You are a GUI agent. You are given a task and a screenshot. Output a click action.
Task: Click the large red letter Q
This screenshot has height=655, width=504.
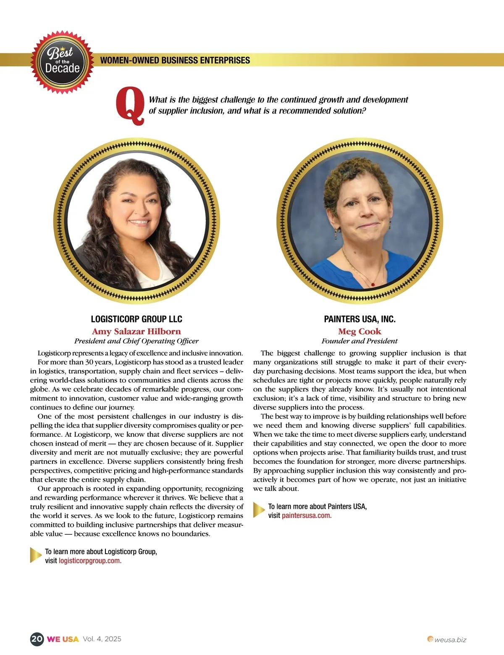click(x=130, y=106)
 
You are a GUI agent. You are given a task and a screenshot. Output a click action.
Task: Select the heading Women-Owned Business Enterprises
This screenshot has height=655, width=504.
click(x=175, y=60)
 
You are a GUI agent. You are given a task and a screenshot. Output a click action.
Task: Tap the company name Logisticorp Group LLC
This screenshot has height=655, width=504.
click(x=136, y=319)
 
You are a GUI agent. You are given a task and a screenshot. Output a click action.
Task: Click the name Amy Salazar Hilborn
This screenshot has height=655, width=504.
click(x=136, y=331)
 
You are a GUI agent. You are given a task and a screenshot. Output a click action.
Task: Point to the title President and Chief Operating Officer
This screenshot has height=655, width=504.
click(x=136, y=341)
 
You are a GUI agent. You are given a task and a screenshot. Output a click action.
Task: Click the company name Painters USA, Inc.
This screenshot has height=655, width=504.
click(x=360, y=319)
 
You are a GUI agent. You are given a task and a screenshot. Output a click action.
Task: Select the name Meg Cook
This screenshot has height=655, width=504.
click(x=360, y=331)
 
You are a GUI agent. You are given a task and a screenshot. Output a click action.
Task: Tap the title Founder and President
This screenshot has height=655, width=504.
click(x=360, y=341)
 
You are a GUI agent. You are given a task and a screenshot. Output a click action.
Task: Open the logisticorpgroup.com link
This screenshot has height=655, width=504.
click(x=90, y=561)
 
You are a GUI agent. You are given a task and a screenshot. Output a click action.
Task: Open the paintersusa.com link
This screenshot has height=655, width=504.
click(x=307, y=516)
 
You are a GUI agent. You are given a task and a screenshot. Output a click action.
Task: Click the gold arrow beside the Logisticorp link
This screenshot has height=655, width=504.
click(x=36, y=555)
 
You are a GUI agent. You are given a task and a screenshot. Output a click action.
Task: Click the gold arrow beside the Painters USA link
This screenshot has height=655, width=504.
click(x=259, y=510)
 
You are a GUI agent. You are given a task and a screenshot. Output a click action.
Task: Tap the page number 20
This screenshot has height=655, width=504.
click(x=37, y=639)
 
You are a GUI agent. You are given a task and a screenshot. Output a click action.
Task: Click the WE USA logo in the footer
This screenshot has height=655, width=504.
click(x=63, y=639)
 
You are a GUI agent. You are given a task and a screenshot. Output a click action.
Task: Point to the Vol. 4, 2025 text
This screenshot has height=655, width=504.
click(x=102, y=639)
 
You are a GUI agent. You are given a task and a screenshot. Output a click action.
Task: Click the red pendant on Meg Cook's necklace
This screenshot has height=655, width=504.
click(x=372, y=285)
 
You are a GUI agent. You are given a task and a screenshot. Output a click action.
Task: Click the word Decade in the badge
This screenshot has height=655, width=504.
click(x=62, y=68)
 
